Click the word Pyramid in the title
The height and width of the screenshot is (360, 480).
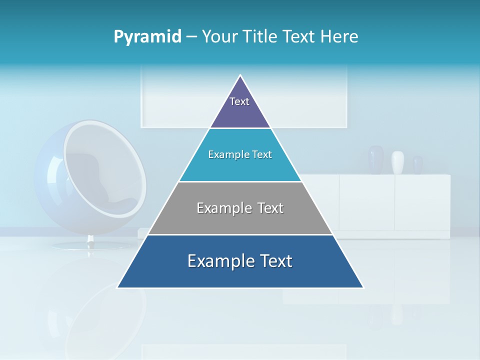(147, 36)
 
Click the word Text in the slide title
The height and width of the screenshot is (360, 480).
(300, 36)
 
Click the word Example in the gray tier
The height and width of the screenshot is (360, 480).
(220, 208)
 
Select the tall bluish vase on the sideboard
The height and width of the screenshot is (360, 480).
(375, 159)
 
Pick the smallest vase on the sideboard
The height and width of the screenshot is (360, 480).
(417, 165)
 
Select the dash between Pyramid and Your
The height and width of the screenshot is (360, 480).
(191, 37)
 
